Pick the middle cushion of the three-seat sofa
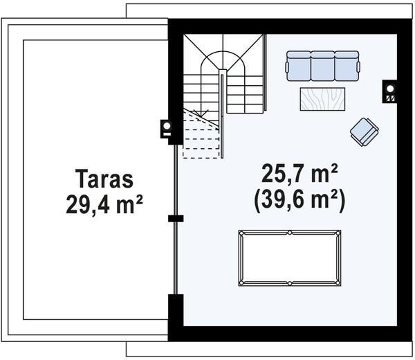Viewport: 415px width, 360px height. [322, 66]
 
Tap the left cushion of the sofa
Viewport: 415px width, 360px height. [299, 66]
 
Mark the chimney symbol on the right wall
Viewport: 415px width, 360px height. [390, 92]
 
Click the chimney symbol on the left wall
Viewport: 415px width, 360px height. [167, 129]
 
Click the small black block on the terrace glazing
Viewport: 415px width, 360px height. [176, 219]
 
